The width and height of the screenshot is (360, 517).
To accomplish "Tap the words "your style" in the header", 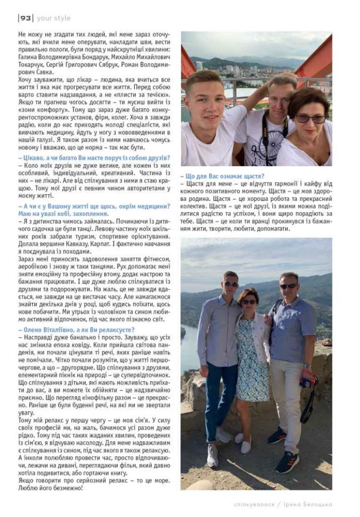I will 54,18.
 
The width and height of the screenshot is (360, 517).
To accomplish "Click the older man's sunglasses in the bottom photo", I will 289,286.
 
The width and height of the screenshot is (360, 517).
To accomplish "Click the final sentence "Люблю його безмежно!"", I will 51,488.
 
